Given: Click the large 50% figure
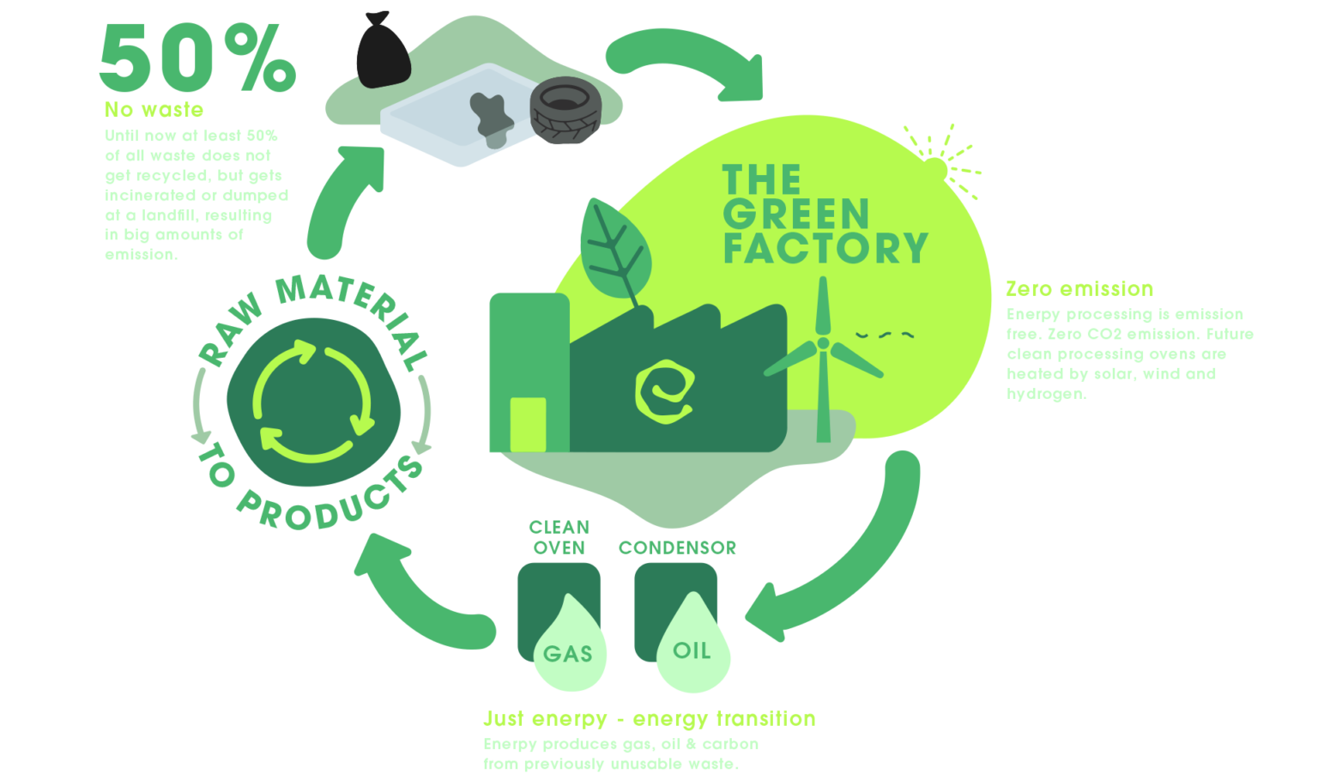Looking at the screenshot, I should tap(197, 57).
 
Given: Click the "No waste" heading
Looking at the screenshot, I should tap(154, 110).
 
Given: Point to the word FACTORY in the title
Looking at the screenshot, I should tap(825, 248).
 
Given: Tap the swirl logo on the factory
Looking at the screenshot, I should tap(663, 391).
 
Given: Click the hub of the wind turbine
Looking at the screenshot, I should tap(823, 343).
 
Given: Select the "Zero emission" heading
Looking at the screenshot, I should tap(1079, 288).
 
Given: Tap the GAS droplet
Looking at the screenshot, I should tap(567, 652).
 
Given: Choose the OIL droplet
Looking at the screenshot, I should tap(692, 650).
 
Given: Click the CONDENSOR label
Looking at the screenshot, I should tap(677, 547).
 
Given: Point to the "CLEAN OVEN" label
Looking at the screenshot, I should tap(559, 537).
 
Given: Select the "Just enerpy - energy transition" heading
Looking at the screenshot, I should tap(649, 719).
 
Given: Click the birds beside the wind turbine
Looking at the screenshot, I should tap(884, 335).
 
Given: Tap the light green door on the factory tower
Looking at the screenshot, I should tap(528, 424).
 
